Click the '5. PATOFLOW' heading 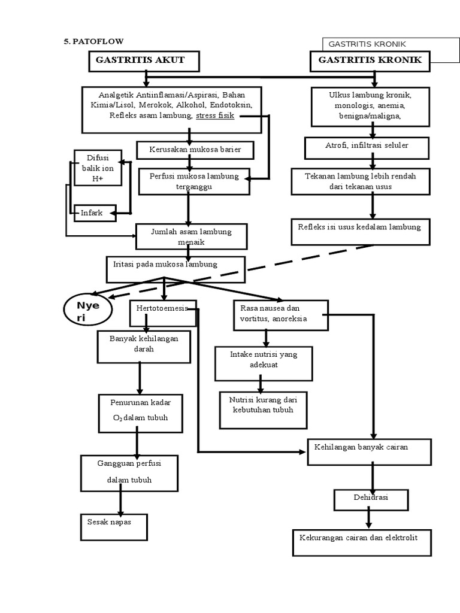click(x=94, y=41)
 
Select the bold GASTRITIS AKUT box click(x=144, y=60)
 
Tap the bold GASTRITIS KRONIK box click(x=370, y=60)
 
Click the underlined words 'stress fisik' click(x=214, y=116)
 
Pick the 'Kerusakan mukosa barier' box click(x=195, y=150)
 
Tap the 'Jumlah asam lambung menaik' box click(x=191, y=236)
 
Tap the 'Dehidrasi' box click(x=371, y=498)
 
